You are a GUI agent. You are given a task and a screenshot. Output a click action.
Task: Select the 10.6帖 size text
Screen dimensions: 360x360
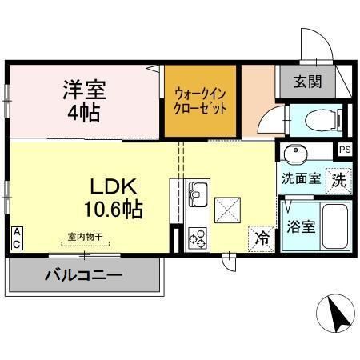(x=114, y=210)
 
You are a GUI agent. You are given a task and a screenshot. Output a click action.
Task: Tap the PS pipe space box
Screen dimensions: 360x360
(x=344, y=150)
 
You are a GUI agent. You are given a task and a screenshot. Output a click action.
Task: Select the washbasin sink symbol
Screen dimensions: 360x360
(x=296, y=152)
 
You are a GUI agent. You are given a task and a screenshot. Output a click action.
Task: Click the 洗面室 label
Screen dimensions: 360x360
(x=301, y=178)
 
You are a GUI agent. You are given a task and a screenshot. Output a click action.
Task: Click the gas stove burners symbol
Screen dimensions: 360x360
(x=197, y=237)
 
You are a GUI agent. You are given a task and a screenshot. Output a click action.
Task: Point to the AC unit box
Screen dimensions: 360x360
(x=16, y=238)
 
